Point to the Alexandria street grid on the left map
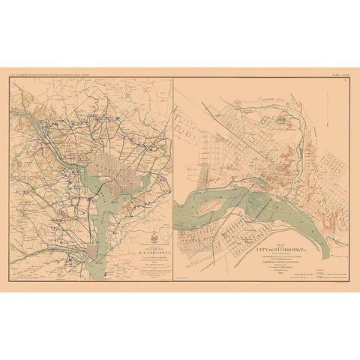pos(92,250)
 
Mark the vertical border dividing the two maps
pos(172,180)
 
